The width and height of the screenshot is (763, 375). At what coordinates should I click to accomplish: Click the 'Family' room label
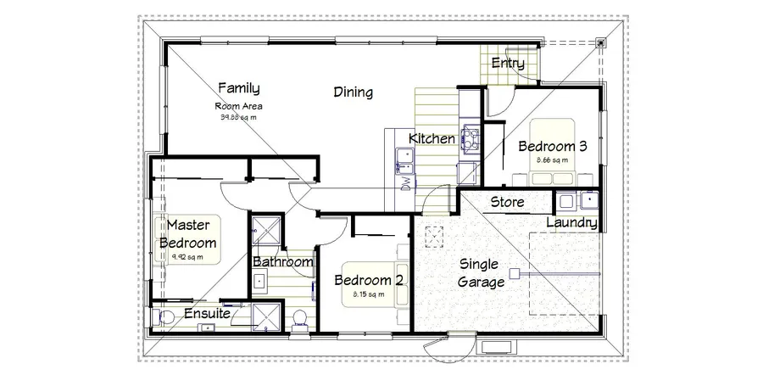(238, 87)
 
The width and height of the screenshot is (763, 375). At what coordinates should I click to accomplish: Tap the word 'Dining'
(353, 92)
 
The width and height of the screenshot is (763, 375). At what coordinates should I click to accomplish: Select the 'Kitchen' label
(432, 138)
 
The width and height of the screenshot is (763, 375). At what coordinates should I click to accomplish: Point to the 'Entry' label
(508, 64)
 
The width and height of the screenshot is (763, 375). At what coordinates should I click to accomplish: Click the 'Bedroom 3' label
(553, 145)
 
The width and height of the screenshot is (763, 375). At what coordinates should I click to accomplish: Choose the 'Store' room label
(507, 202)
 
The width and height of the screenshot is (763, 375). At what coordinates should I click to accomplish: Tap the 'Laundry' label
(572, 222)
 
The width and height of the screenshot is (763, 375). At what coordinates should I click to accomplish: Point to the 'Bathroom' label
(283, 262)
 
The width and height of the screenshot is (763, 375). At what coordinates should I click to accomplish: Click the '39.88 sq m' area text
(238, 117)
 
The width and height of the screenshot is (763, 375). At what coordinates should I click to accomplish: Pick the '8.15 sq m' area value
(368, 294)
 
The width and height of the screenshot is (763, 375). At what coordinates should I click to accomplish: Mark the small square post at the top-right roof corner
(600, 40)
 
